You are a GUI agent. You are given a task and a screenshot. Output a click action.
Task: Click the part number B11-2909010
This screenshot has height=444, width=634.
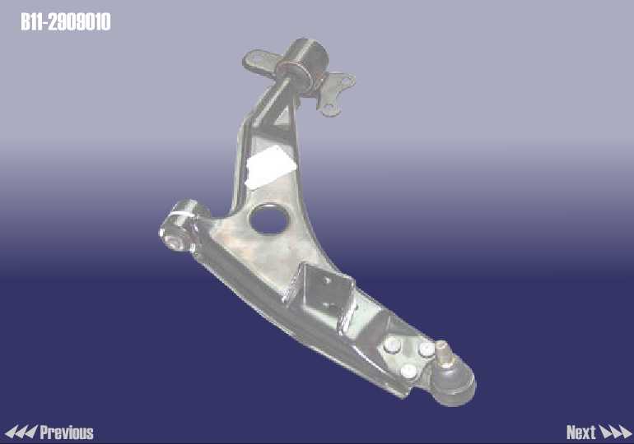click(66, 22)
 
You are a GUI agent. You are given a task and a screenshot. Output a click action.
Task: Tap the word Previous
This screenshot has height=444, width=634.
click(67, 432)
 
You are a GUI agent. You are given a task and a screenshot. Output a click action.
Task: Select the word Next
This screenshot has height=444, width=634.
click(581, 432)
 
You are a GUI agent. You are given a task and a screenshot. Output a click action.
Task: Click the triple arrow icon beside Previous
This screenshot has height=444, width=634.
click(21, 432)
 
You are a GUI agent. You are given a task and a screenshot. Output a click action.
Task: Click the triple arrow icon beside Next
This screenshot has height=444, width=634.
click(615, 432)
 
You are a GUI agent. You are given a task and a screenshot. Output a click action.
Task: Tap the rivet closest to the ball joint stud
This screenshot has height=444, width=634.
click(426, 349)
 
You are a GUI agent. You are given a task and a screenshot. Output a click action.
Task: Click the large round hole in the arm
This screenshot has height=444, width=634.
click(270, 219)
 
